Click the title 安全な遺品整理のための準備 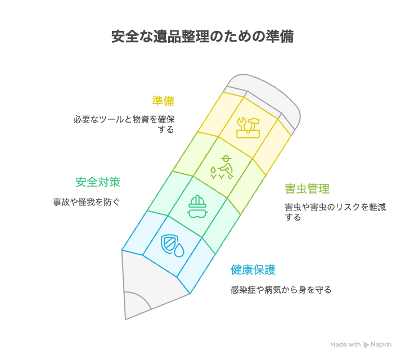(x=202, y=37)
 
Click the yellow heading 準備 (x=163, y=101)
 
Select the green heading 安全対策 (x=98, y=182)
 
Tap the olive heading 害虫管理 (x=307, y=189)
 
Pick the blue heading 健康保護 (x=253, y=270)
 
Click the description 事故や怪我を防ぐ (x=87, y=202)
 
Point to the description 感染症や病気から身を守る (x=281, y=290)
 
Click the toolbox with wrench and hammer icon (x=248, y=128)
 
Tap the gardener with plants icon (x=222, y=168)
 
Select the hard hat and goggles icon (x=197, y=206)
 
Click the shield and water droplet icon (x=173, y=246)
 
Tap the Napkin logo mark (x=366, y=344)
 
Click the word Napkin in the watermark (x=381, y=344)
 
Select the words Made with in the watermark (x=345, y=344)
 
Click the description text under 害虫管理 (x=335, y=212)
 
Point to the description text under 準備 (x=124, y=124)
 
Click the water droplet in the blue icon (x=179, y=251)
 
